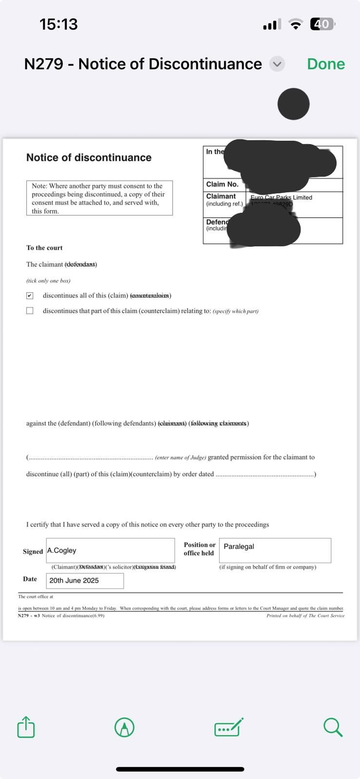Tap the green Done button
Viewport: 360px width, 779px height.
click(x=325, y=64)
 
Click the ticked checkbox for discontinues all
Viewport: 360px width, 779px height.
click(x=30, y=296)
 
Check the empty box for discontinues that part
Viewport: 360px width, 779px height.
click(x=30, y=311)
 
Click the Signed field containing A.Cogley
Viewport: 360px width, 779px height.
click(x=110, y=550)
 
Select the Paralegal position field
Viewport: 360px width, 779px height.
click(x=275, y=550)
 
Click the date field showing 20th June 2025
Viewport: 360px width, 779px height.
click(x=85, y=580)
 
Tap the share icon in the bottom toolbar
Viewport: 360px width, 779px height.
click(x=26, y=727)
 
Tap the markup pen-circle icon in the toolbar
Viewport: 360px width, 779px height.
click(x=124, y=727)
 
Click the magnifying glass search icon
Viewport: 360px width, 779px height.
click(x=333, y=727)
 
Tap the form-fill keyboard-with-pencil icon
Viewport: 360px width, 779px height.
click(x=228, y=727)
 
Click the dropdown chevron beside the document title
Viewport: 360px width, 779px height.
click(x=277, y=64)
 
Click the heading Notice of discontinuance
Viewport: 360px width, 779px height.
click(x=89, y=157)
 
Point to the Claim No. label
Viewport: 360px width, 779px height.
click(x=222, y=184)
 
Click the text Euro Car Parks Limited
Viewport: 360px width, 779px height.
click(x=281, y=197)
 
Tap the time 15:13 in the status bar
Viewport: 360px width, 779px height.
click(x=58, y=24)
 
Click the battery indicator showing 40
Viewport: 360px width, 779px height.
click(x=322, y=24)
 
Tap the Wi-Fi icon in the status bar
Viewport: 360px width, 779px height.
click(x=295, y=24)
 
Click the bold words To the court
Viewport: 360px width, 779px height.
click(x=44, y=248)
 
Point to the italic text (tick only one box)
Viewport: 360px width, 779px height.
click(x=48, y=281)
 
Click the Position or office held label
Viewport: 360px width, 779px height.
click(x=199, y=549)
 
